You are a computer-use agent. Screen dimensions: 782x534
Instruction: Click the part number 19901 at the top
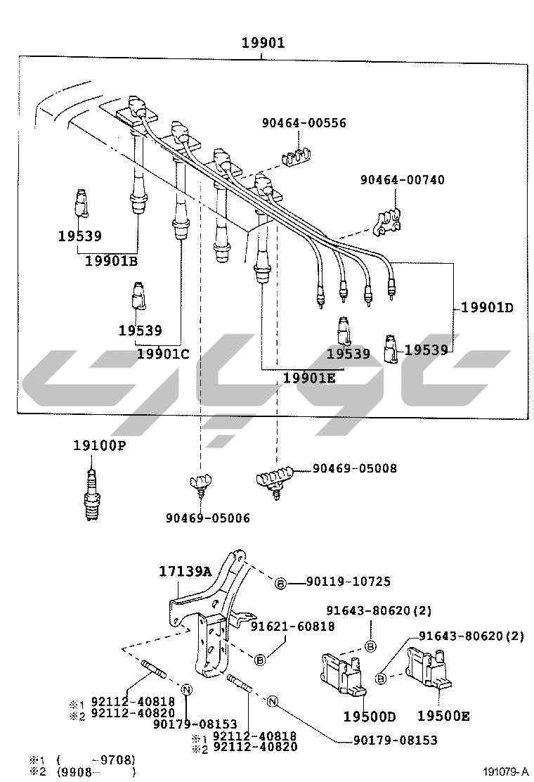(263, 44)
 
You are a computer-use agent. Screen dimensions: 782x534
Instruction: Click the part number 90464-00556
(304, 123)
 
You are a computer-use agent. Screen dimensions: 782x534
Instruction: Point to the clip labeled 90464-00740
(386, 221)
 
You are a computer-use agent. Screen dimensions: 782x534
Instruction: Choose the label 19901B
(111, 262)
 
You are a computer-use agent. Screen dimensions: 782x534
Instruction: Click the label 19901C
(163, 354)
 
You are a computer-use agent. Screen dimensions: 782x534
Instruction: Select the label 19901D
(488, 307)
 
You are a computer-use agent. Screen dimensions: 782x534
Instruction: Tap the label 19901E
(310, 378)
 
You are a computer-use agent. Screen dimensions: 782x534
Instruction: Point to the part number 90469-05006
(207, 518)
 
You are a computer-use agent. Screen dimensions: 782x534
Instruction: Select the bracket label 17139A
(184, 572)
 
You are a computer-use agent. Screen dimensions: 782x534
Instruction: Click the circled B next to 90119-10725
(280, 583)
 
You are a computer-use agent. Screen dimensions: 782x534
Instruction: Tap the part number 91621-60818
(294, 626)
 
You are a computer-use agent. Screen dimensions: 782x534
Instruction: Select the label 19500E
(443, 717)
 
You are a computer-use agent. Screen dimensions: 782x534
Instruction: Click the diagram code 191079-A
(505, 771)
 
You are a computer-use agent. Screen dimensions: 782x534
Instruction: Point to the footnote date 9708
(116, 759)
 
